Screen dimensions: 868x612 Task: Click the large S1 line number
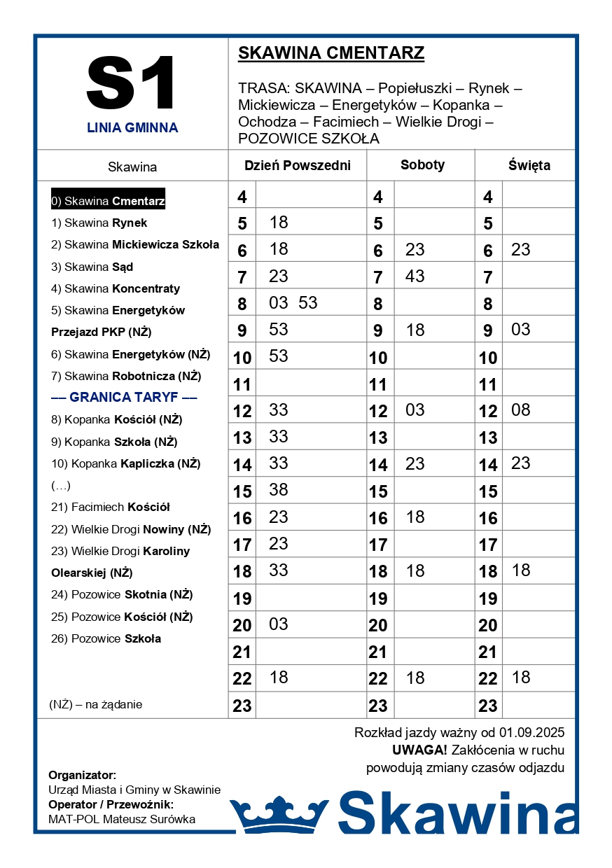(132, 83)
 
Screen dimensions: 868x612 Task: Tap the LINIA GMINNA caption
(132, 128)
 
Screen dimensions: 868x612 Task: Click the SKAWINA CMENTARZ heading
(331, 53)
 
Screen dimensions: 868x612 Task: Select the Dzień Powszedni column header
(297, 166)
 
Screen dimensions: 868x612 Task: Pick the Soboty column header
(422, 165)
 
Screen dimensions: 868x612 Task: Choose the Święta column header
(529, 166)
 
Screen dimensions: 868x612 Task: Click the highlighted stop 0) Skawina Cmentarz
(108, 202)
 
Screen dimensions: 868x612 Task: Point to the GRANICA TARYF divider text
(124, 398)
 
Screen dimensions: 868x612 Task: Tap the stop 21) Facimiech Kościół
(111, 507)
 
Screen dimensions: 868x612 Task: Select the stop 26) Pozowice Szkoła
(106, 638)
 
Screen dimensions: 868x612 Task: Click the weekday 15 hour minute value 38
(279, 490)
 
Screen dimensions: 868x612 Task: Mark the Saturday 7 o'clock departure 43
(415, 276)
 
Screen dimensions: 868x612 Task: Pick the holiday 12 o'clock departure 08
(521, 409)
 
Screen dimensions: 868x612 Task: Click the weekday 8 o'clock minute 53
(307, 303)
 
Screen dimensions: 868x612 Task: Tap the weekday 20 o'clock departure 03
(279, 624)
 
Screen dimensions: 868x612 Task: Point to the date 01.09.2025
(531, 733)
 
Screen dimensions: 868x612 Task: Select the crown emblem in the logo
(279, 814)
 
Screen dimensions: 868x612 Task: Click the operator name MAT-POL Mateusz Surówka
(122, 819)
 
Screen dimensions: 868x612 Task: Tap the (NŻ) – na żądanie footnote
(96, 704)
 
